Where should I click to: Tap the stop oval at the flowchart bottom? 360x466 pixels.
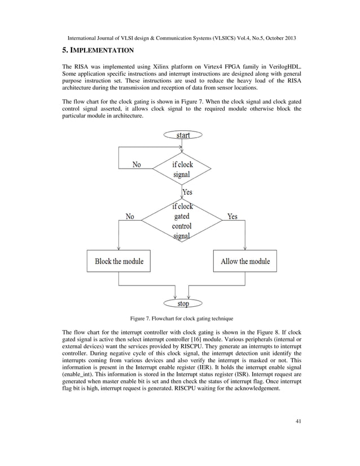[x=183, y=304]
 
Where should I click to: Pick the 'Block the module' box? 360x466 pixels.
[x=119, y=261]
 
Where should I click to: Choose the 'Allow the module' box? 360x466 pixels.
[x=245, y=261]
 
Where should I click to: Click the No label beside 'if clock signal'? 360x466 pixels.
[x=137, y=165]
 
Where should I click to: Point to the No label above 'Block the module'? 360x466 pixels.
[x=130, y=216]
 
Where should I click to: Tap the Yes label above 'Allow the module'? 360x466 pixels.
[x=232, y=216]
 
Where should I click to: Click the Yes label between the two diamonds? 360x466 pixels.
[x=187, y=193]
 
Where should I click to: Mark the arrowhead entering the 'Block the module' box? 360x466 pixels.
[x=119, y=249]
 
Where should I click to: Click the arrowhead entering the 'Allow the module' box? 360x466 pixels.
[x=245, y=249]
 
